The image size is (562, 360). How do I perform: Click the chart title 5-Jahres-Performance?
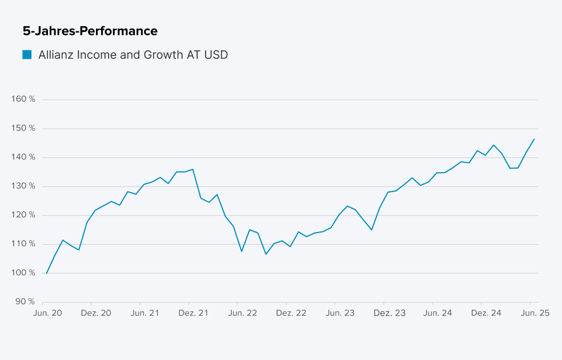pos(90,31)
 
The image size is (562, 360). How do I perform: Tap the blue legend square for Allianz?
pos(27,55)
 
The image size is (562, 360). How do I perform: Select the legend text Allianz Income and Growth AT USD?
pos(133,55)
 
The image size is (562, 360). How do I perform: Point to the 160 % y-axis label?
pos(23,99)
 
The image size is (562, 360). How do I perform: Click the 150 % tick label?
pos(23,129)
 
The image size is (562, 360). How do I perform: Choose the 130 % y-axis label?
pos(23,186)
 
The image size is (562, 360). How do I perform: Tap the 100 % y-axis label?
pos(23,273)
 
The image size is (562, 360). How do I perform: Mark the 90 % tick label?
pos(25,302)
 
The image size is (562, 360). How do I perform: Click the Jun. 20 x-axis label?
pos(48,313)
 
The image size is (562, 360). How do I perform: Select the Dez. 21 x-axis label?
pos(193,313)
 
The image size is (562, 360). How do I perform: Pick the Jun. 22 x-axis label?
pos(242,313)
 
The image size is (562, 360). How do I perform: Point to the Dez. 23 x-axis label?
pos(389,313)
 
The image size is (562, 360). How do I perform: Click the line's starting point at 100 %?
pos(46,273)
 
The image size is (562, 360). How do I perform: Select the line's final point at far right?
pos(534,139)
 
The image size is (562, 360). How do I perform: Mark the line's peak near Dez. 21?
pos(193,169)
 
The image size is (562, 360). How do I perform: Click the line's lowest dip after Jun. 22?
pos(266,254)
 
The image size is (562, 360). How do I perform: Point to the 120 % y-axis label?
pos(23,215)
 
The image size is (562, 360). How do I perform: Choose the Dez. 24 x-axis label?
pos(486,313)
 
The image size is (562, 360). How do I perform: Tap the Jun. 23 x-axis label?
pos(339,313)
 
